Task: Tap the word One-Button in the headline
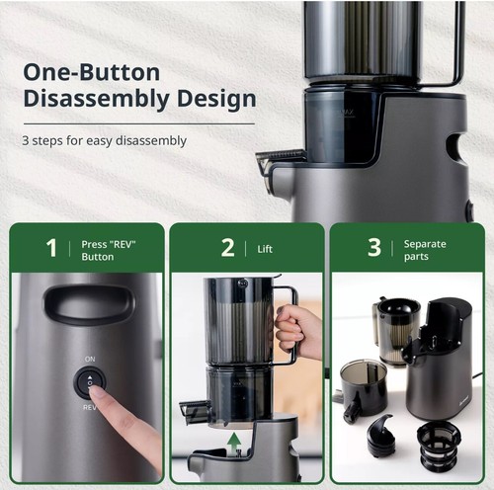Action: pos(92,72)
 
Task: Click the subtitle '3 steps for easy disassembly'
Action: pos(105,140)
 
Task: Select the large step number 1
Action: pos(51,248)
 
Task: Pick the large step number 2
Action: pos(228,248)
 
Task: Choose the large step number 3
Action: pos(374,247)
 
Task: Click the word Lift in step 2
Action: pos(265,249)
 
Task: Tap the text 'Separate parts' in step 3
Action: pos(425,250)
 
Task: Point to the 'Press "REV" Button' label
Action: pos(109,250)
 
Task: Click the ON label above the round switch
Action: pos(90,359)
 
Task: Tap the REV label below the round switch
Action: pos(90,408)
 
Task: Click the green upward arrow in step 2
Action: pos(234,445)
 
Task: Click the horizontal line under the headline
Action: pos(139,124)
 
